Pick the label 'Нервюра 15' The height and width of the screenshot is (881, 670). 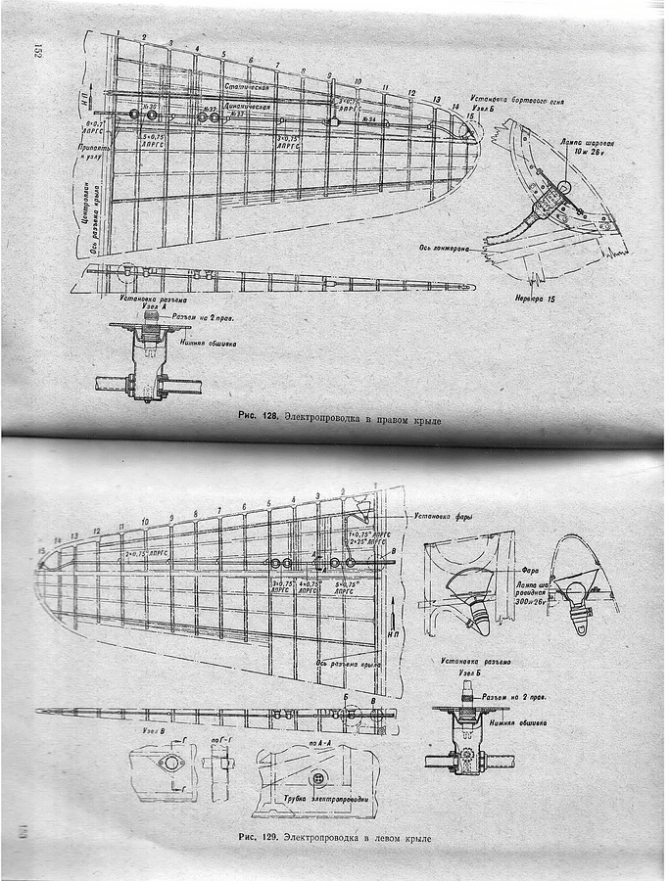[x=532, y=297]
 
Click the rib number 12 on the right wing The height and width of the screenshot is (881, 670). [x=411, y=94]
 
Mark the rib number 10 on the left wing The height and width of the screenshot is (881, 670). [x=146, y=521]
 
